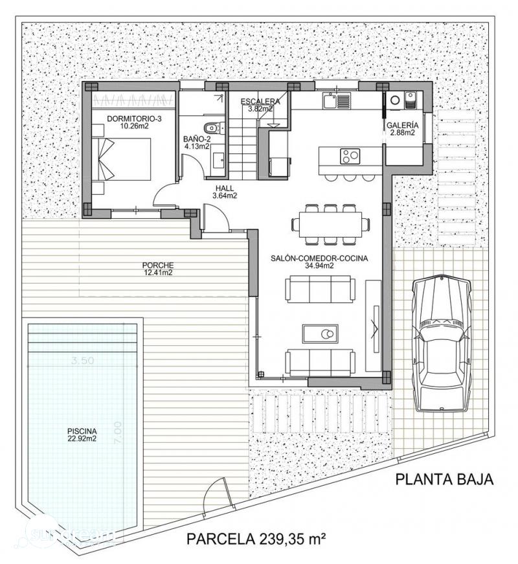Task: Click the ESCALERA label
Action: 260,105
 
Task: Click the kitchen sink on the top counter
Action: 336,100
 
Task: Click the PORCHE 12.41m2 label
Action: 158,268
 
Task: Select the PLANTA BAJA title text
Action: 444,480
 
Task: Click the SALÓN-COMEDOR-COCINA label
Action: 319,261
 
